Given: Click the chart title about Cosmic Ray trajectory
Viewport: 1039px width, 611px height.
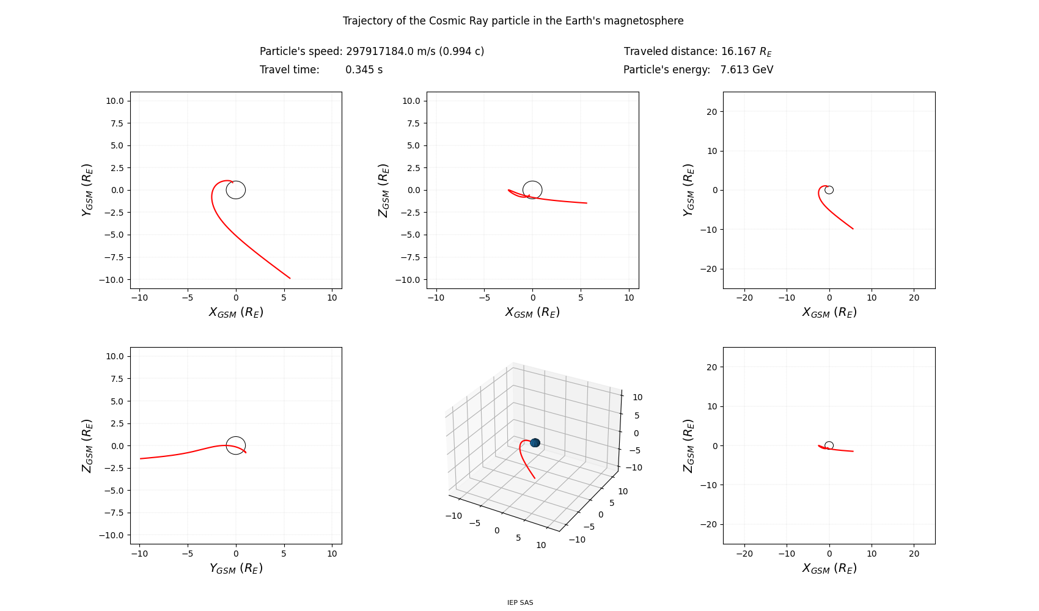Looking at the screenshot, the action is pos(513,21).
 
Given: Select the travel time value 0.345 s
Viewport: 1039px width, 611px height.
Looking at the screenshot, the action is pos(364,70).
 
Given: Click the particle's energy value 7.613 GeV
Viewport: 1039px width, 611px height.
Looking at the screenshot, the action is pos(747,70).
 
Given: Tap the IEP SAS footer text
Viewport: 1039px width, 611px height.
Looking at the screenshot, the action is pos(520,602).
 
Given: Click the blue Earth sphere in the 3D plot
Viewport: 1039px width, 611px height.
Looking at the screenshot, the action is pos(535,443).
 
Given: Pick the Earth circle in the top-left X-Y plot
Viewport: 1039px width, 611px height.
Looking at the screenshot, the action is pos(236,181).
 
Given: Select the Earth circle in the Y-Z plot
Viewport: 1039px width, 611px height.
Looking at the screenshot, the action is pos(236,437).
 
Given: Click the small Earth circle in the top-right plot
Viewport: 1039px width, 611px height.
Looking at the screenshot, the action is pos(829,186).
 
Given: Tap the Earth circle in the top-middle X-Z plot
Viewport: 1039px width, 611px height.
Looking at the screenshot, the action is pos(532,181).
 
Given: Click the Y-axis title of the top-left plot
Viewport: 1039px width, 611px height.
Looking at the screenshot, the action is pos(87,190).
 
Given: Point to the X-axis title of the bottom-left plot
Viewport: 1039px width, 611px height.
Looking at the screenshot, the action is pos(236,568).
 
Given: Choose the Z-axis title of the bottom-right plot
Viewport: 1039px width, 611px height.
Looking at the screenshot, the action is pos(688,446).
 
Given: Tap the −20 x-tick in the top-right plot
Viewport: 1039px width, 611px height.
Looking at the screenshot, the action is pos(744,298).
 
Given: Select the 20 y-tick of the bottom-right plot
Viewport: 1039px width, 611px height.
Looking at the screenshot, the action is pos(712,367).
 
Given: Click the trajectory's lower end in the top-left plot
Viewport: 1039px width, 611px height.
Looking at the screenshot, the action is pos(290,279).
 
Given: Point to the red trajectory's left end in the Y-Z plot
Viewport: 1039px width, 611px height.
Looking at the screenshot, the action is pos(140,458).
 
